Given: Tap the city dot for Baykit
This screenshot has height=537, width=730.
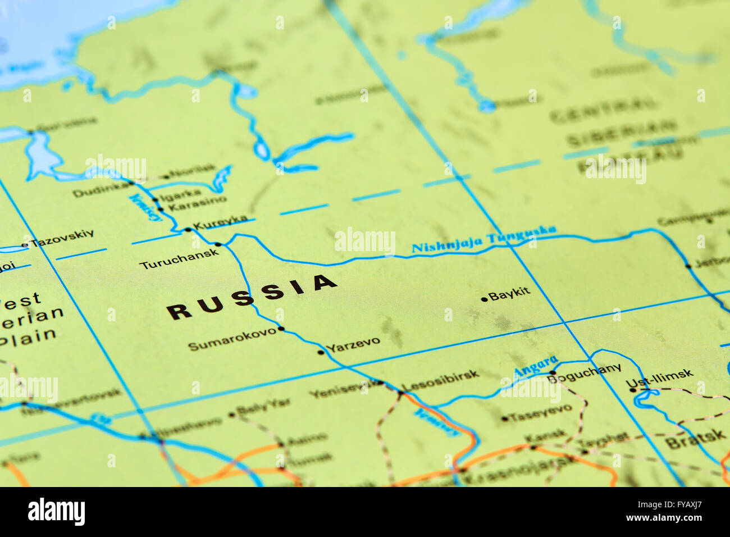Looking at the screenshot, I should click(x=484, y=299).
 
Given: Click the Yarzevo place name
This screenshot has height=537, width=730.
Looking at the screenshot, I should click(x=353, y=344).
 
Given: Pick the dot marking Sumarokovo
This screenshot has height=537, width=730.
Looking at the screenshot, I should click(x=281, y=329).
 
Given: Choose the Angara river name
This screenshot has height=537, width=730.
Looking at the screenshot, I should click(x=536, y=367).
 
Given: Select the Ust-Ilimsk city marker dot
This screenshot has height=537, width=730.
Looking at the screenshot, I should click(x=633, y=389).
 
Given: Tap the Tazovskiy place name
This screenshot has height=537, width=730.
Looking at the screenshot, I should click(x=62, y=239).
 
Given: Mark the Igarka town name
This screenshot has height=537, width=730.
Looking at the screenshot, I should click(x=180, y=195).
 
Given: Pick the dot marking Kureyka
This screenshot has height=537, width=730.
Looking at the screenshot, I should click(x=188, y=230).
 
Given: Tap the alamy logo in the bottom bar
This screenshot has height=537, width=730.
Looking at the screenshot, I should click(x=56, y=512).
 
